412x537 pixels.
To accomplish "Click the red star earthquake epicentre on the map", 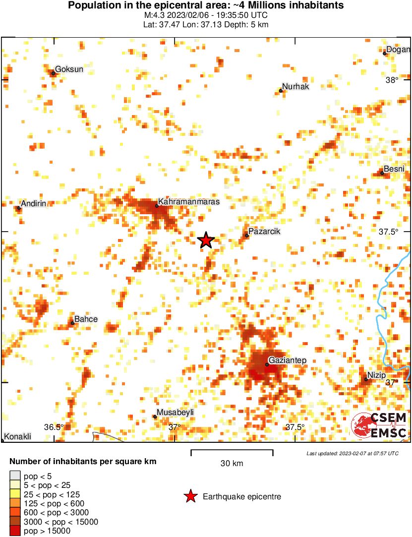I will (206, 240).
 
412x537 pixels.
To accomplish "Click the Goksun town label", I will (69, 69).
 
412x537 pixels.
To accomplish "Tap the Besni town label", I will (394, 169).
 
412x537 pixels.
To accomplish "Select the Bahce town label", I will (86, 319).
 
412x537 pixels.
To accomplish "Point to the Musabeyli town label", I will (175, 413).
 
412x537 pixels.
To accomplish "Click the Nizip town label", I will (377, 375).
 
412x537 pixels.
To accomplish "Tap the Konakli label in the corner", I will (18, 437).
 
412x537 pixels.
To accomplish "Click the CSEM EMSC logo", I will (379, 425).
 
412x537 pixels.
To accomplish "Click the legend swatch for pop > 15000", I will (15, 531).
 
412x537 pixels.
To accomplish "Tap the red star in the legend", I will (190, 496).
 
